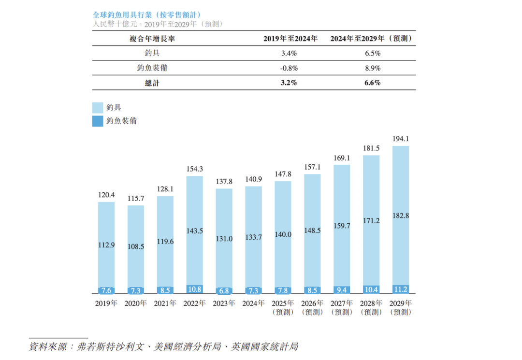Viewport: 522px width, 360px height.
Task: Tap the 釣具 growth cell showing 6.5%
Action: (373, 53)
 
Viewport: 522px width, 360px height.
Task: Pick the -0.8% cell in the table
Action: (289, 68)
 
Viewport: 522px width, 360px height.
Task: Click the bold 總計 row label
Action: (152, 83)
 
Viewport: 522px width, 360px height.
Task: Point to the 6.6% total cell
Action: (373, 83)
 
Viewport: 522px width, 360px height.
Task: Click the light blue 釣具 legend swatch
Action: (97, 107)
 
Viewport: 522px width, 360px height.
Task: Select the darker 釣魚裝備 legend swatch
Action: (97, 120)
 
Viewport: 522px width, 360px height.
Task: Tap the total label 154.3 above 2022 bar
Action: (195, 169)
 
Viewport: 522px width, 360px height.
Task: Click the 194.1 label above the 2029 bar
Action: (401, 139)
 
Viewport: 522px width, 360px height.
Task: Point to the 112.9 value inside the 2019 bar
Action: (106, 245)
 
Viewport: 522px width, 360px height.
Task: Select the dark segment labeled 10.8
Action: (195, 289)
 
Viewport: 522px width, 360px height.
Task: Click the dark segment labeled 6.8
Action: (224, 291)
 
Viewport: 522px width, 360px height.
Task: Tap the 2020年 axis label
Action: (136, 303)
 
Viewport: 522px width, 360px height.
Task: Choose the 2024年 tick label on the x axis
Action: (254, 303)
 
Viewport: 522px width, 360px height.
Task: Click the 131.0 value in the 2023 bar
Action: (224, 239)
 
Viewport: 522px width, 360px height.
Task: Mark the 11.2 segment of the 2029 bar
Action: (401, 289)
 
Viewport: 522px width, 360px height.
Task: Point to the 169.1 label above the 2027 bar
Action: (342, 158)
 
